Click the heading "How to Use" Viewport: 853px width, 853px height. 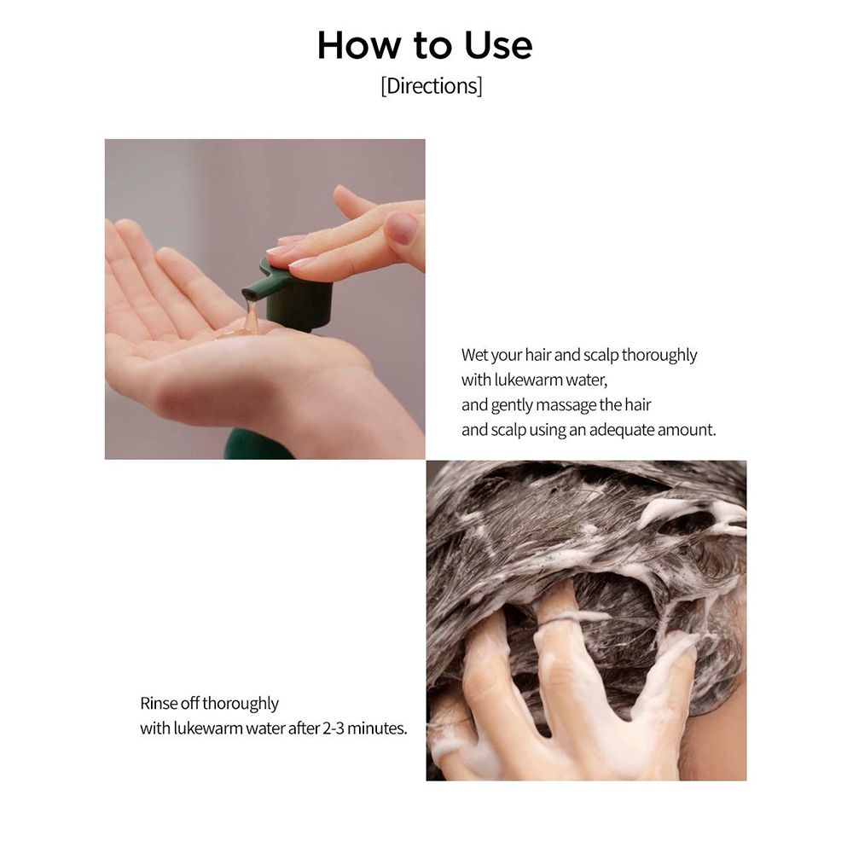pyautogui.click(x=425, y=46)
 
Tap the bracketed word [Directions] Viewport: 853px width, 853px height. pyautogui.click(x=431, y=87)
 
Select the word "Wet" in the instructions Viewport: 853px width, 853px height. pyautogui.click(x=475, y=355)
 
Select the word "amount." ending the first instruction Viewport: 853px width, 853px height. pyautogui.click(x=688, y=430)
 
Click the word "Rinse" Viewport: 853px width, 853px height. pyautogui.click(x=160, y=704)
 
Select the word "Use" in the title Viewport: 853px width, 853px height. pyautogui.click(x=498, y=46)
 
